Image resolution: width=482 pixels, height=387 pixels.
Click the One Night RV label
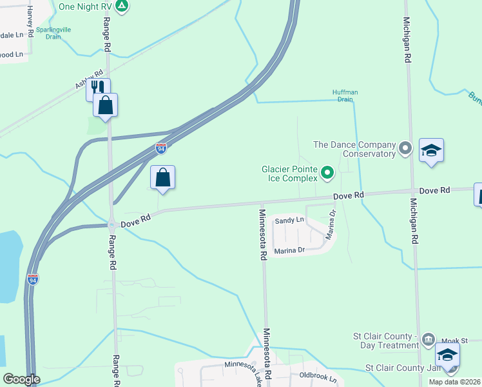[x=85, y=6]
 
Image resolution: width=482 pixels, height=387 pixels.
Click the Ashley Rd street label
[x=89, y=79]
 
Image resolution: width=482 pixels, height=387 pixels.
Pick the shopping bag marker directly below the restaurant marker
[x=106, y=104]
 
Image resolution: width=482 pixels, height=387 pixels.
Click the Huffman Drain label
[x=345, y=95]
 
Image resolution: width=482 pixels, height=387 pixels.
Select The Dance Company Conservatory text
[x=354, y=149]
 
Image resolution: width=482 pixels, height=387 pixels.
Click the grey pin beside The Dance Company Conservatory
[x=405, y=148]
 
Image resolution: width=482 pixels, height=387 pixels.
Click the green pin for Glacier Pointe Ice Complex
[x=327, y=172]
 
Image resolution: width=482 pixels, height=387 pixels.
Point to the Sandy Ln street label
[x=289, y=220]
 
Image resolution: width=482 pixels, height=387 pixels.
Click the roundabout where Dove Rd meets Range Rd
[x=111, y=226]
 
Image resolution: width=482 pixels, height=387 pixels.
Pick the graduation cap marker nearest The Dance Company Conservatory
[x=431, y=151]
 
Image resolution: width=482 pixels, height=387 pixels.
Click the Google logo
[x=21, y=379]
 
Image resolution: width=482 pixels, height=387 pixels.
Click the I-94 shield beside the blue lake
[x=33, y=279]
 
